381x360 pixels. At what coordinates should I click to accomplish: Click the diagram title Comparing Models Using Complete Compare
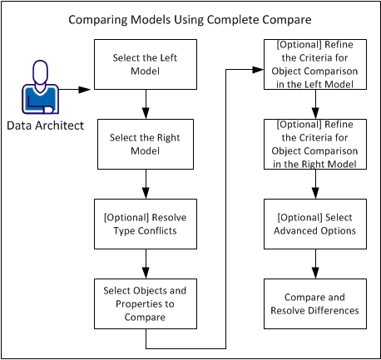coord(190,18)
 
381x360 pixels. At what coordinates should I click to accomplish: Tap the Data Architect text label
coord(42,126)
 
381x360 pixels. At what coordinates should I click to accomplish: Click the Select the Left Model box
coord(146,65)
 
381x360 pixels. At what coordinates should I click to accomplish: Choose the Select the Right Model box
coord(146,144)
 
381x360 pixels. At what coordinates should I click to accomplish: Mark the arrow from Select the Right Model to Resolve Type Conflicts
coord(146,183)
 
